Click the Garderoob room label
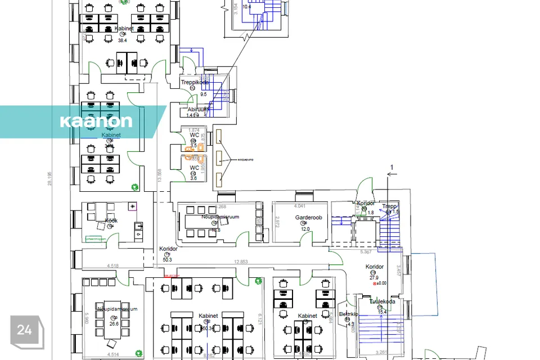(x=308, y=218)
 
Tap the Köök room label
(x=111, y=220)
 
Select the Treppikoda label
(x=195, y=82)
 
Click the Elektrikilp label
(x=348, y=314)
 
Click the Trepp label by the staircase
(x=390, y=206)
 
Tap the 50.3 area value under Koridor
(x=167, y=259)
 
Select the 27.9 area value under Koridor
(x=374, y=277)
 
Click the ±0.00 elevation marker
(x=383, y=284)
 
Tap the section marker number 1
(x=391, y=167)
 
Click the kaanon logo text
(x=96, y=121)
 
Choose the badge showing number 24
(x=25, y=331)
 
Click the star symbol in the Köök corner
(x=133, y=207)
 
